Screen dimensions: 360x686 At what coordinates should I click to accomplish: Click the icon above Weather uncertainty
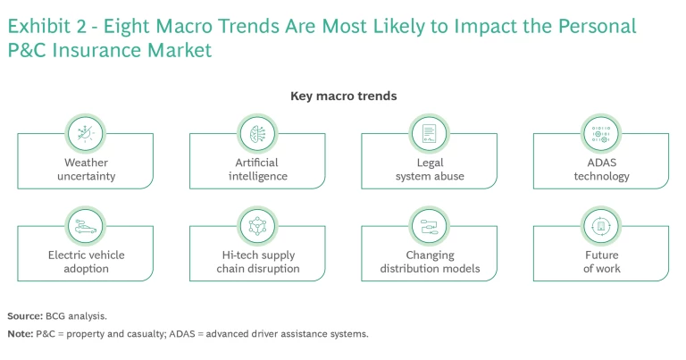87,132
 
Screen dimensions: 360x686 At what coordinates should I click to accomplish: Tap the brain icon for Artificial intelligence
258,132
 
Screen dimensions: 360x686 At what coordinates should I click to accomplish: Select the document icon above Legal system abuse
430,132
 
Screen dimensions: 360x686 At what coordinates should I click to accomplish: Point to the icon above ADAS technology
601,132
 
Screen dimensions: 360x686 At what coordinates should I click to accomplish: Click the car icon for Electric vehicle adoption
87,225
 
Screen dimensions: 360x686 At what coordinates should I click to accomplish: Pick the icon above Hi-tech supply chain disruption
258,225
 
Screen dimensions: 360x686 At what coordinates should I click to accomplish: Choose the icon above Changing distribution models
430,225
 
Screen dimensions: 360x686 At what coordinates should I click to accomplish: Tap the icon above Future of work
601,225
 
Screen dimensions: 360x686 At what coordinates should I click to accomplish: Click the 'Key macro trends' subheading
344,96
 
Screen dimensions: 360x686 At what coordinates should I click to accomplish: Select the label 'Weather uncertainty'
87,170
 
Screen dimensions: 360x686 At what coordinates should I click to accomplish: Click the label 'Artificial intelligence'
258,170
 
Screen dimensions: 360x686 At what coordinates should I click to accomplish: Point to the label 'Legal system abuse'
430,170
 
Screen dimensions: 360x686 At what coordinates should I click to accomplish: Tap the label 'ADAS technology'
601,170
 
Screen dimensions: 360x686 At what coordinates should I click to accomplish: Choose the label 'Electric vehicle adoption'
87,262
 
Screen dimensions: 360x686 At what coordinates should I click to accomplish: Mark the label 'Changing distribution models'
430,262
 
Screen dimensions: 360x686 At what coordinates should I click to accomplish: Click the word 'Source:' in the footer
25,316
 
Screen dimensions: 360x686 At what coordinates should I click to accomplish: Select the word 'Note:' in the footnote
20,334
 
